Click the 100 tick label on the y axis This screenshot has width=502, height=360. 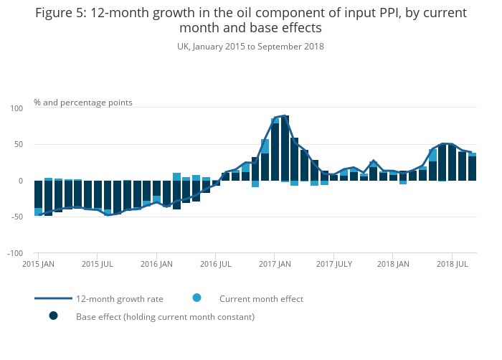[x=17, y=108]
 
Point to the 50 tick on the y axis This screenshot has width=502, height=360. [x=19, y=145]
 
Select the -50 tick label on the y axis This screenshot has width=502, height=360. [x=17, y=217]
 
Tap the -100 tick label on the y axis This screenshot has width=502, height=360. [x=15, y=253]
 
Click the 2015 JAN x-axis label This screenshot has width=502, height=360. [x=39, y=265]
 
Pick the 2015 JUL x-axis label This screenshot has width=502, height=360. [x=98, y=265]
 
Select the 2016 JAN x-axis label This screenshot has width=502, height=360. [x=156, y=265]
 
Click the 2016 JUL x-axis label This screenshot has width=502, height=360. [x=215, y=265]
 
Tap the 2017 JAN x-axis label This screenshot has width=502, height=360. [x=275, y=265]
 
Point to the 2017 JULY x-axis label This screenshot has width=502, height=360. [x=334, y=265]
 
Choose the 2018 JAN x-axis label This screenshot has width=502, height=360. [x=394, y=265]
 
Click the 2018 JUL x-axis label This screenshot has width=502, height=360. [x=452, y=265]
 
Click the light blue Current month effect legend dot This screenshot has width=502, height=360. [x=196, y=298]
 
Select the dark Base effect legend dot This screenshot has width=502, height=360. [x=53, y=316]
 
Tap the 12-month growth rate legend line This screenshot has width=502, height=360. [x=53, y=298]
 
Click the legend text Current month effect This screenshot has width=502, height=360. [x=261, y=299]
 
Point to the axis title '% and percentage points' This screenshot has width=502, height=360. [x=83, y=103]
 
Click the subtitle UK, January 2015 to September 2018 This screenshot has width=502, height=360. [x=250, y=47]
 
